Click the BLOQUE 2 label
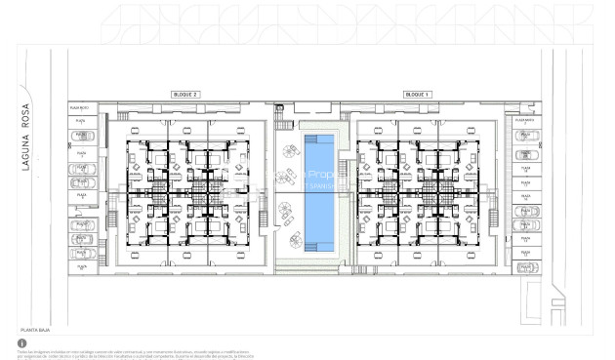tap(185, 95)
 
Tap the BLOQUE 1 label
tap(418, 95)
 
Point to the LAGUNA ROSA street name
tap(28, 137)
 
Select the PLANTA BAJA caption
tap(34, 331)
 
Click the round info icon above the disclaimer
tap(21, 343)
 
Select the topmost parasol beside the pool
tap(290, 151)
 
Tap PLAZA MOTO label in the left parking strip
tap(80, 107)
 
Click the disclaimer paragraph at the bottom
tap(137, 352)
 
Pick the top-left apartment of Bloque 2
tap(145, 156)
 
